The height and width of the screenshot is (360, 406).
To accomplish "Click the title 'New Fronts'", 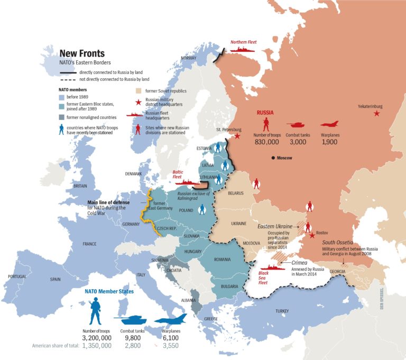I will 81,53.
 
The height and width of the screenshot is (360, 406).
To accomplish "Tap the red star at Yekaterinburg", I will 376,114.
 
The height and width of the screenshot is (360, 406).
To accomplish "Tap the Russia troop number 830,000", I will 265,142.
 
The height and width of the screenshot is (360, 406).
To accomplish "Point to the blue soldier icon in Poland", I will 201,210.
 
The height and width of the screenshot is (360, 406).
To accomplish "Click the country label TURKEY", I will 282,311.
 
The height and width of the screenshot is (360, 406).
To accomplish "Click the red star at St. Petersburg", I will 237,136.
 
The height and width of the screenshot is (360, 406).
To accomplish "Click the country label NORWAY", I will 188,58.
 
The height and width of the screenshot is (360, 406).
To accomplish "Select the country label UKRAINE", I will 239,224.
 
